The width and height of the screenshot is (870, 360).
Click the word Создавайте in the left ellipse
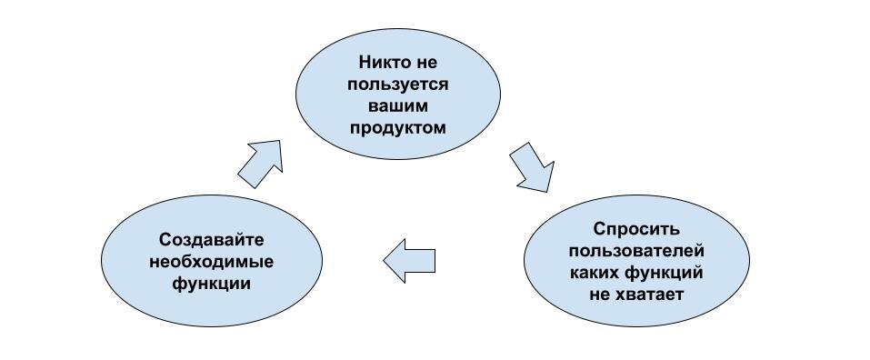pyautogui.click(x=211, y=241)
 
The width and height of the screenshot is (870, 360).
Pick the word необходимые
pyautogui.click(x=211, y=262)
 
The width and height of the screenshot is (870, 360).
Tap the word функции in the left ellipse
pyautogui.click(x=211, y=283)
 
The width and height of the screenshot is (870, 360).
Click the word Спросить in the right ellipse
pyautogui.click(x=636, y=230)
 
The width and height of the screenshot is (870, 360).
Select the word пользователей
pyautogui.click(x=636, y=251)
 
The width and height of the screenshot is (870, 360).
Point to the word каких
pyautogui.click(x=595, y=272)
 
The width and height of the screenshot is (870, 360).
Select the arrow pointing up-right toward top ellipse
pyautogui.click(x=261, y=163)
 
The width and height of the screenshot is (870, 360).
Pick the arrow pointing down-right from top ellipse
pyautogui.click(x=533, y=166)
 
